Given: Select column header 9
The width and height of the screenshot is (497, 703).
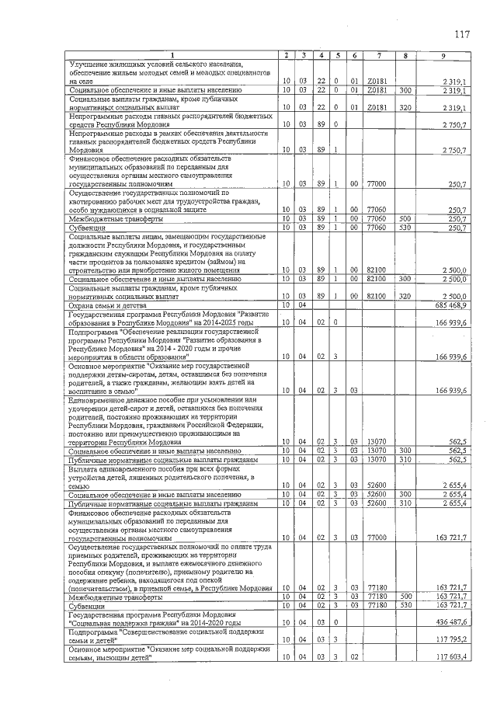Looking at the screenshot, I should (443, 54).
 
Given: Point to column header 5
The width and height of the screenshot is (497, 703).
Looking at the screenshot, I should (338, 54).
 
